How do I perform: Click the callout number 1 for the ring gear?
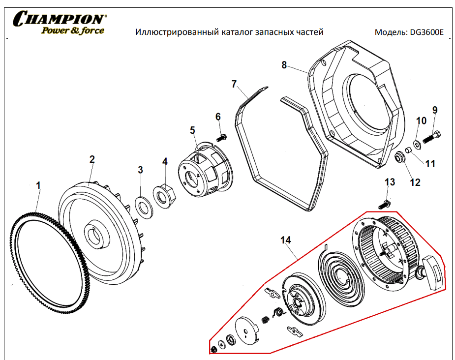click(x=39, y=185)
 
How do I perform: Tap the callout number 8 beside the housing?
click(x=284, y=64)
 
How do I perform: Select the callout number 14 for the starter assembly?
click(x=285, y=240)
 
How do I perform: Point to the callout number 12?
click(x=415, y=182)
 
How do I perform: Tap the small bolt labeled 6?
click(x=221, y=136)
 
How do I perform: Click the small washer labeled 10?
click(x=417, y=144)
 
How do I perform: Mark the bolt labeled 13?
click(x=385, y=203)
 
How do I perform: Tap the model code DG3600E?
click(x=426, y=32)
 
